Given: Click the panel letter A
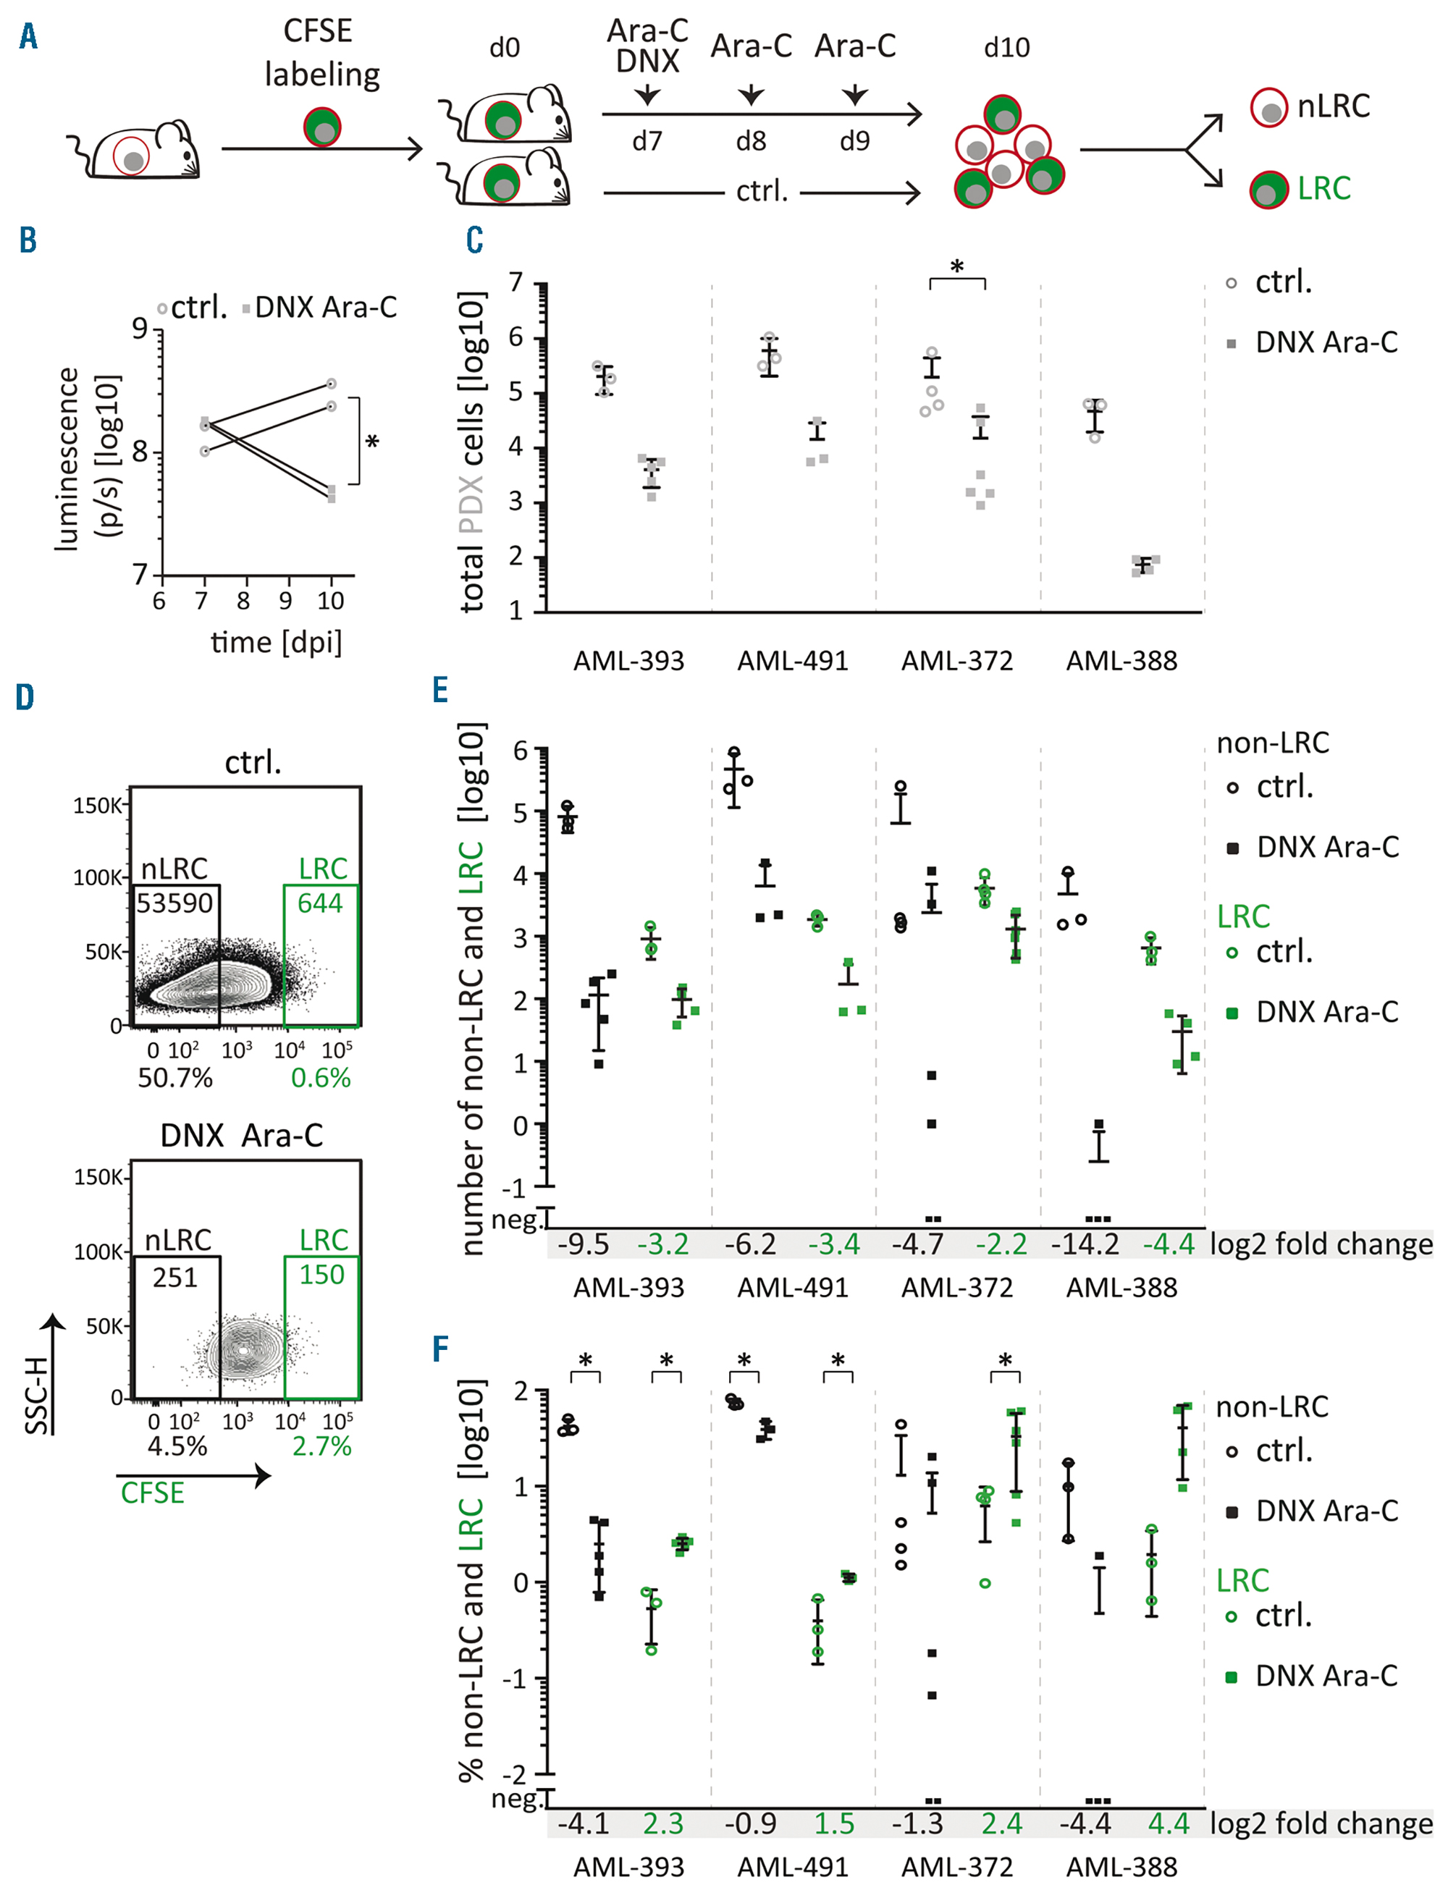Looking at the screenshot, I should [28, 37].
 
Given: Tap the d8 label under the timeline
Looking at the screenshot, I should [751, 140].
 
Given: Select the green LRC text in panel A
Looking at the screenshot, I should [1324, 188].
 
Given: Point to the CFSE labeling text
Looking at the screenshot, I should [321, 53].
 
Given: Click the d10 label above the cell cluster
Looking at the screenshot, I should [1006, 47].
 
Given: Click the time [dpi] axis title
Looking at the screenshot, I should [276, 643].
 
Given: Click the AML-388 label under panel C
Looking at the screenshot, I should [1121, 661].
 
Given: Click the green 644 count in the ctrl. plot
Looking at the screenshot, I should [320, 903].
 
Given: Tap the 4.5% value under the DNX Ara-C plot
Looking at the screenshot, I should [177, 1446].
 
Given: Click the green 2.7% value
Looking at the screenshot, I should [321, 1446].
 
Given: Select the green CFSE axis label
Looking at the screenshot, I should [153, 1493].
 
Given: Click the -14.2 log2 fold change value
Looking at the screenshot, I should [1085, 1244].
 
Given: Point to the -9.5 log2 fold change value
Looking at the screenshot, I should [583, 1244].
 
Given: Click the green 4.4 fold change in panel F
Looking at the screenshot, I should [1169, 1823].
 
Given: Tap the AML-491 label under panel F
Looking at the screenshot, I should [793, 1867].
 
